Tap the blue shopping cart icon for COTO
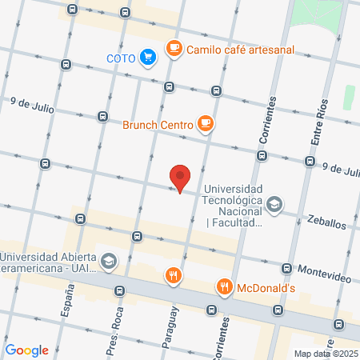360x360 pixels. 147,57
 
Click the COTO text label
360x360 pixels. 121,58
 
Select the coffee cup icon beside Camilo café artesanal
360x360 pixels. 174,49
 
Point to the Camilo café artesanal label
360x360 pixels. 240,50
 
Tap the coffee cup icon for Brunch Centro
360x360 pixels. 206,123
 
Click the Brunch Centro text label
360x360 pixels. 158,124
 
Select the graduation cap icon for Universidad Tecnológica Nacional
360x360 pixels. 275,205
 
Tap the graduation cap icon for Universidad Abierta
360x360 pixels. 109,261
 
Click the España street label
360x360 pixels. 67,306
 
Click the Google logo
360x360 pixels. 26,350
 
